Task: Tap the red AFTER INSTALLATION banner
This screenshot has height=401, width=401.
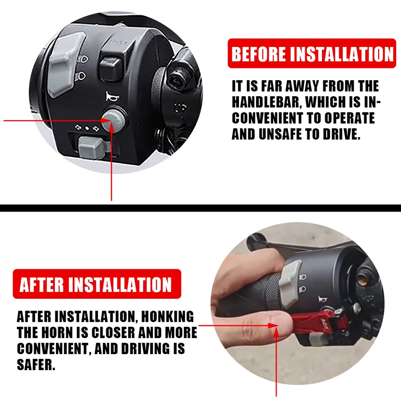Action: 97,284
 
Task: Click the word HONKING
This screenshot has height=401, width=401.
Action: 168,317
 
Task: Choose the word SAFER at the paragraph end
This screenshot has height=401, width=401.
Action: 36,364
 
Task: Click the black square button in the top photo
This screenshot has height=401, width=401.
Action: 111,68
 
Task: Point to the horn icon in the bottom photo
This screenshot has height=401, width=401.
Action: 322,299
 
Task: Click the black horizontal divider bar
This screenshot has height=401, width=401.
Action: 200,208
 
